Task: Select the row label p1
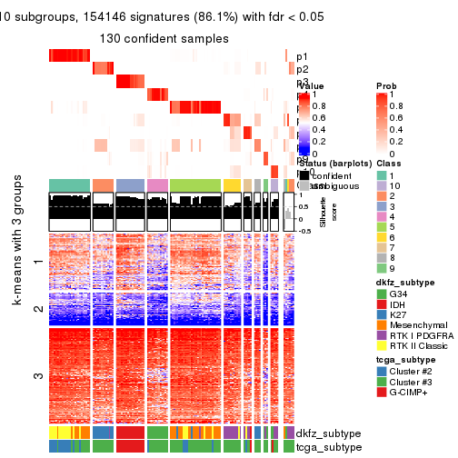click(302, 55)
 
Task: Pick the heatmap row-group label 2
click(37, 309)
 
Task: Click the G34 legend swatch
click(382, 294)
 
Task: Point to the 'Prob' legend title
click(386, 85)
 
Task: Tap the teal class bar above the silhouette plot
click(69, 185)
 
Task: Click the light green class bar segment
click(195, 185)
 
